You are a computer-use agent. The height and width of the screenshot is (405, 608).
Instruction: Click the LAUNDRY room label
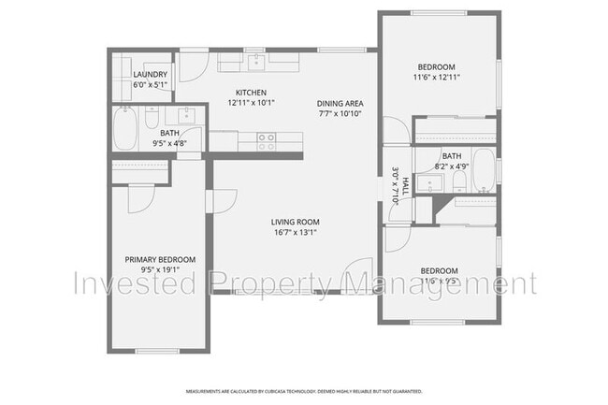150,75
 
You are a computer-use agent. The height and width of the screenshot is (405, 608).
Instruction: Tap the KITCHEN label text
251,92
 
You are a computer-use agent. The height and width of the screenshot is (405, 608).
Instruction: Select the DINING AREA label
340,103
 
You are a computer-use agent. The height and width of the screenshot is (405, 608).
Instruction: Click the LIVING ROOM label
296,222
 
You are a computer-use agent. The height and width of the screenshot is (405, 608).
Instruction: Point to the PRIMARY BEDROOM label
160,259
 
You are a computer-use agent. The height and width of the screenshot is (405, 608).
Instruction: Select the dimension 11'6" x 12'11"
436,78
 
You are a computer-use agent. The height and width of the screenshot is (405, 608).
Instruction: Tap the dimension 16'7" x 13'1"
296,232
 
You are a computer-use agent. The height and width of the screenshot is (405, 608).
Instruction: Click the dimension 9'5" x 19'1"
160,269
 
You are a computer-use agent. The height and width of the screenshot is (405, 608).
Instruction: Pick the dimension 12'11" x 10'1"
251,102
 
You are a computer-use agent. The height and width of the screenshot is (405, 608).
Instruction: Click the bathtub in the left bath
125,129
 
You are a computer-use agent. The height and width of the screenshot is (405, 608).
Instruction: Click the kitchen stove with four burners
267,141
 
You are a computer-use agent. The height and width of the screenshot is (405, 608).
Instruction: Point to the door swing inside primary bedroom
140,196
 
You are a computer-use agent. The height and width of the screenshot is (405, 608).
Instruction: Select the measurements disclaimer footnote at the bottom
303,391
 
